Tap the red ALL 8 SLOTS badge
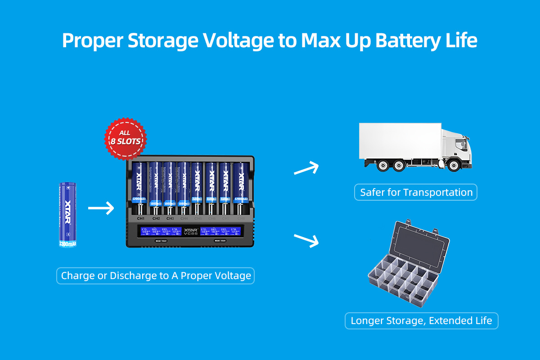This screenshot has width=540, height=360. [x=126, y=137]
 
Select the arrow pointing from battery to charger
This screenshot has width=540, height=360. [x=101, y=208]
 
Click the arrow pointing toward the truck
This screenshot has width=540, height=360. [x=306, y=169]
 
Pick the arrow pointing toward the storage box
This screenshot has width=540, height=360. [x=306, y=240]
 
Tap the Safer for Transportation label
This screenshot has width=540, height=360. [x=416, y=193]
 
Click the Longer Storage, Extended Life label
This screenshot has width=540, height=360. [x=421, y=321]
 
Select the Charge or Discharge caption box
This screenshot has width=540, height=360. [x=156, y=275]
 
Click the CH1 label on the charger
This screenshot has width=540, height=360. [x=141, y=218]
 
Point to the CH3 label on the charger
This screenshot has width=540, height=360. [x=170, y=218]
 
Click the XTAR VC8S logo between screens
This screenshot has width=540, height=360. [x=190, y=231]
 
